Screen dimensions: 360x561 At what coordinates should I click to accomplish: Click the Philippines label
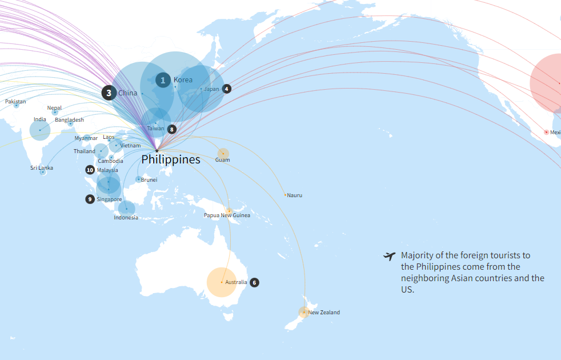[171, 159]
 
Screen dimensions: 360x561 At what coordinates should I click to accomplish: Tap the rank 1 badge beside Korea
[163, 80]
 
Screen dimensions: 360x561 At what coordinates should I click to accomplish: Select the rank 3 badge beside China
[109, 93]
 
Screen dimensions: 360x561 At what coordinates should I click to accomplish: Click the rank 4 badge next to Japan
[227, 89]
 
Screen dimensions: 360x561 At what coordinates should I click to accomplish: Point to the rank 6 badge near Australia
[254, 282]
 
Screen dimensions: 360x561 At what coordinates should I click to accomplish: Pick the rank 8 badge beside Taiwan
[171, 129]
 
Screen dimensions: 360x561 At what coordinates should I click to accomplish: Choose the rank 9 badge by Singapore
[90, 199]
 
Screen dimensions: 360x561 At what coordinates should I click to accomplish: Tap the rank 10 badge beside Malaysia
[90, 170]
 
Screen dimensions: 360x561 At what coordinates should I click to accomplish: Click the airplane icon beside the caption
[390, 256]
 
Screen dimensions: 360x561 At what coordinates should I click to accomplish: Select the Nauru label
[295, 195]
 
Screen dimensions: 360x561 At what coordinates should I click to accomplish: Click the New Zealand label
[324, 313]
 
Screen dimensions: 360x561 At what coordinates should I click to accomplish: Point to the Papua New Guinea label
[227, 215]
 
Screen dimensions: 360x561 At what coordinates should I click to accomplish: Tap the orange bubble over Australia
[221, 282]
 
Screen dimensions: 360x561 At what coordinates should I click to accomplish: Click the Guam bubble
[223, 153]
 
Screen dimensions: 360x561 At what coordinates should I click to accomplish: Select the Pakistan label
[15, 102]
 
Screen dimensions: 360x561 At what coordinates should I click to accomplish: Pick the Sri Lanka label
[42, 168]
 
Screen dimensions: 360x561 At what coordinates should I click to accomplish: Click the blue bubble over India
[39, 130]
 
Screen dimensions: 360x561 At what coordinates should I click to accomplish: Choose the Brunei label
[149, 179]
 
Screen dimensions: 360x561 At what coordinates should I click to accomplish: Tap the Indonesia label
[126, 217]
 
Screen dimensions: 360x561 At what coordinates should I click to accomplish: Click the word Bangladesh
[69, 120]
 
